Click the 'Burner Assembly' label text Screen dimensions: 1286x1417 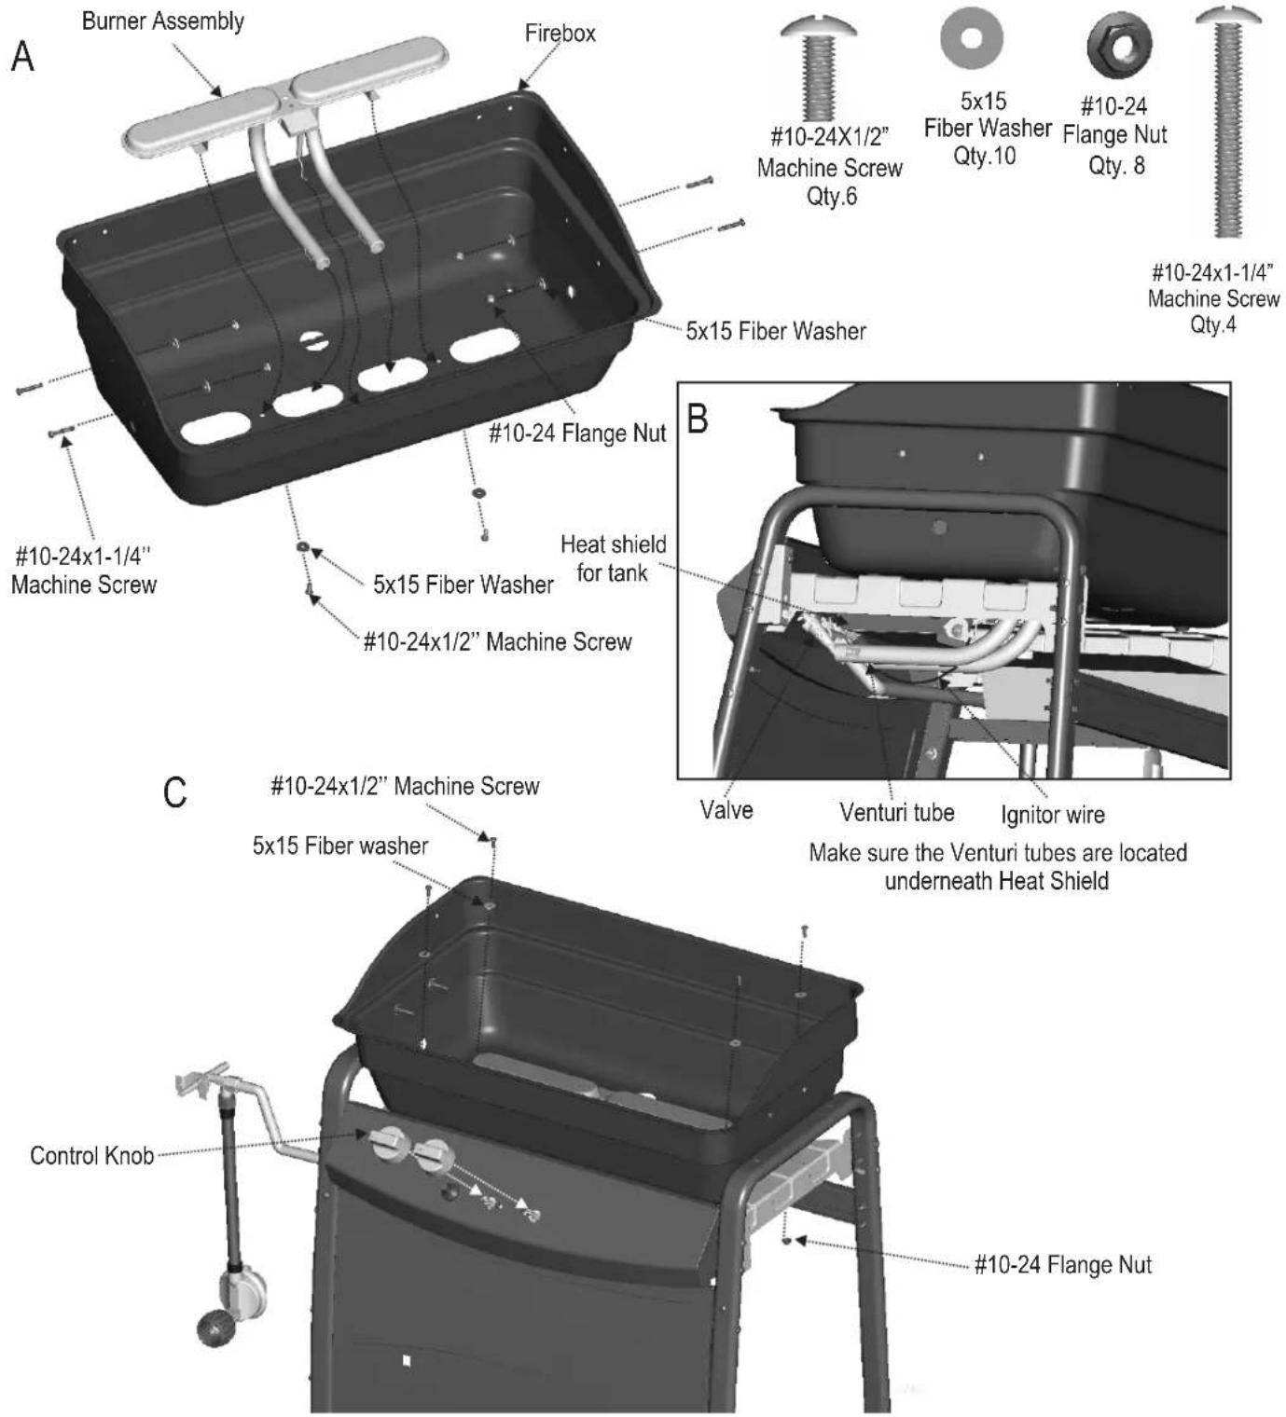pyautogui.click(x=163, y=21)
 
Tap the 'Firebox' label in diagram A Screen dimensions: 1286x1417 pyautogui.click(x=560, y=34)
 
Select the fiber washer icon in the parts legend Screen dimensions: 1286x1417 pyautogui.click(x=972, y=38)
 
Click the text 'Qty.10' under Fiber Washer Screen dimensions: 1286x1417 pyautogui.click(x=984, y=156)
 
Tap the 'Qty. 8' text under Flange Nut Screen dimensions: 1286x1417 pyautogui.click(x=1115, y=165)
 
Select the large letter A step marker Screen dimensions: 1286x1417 pyautogui.click(x=22, y=57)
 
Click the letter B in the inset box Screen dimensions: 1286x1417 pyautogui.click(x=698, y=419)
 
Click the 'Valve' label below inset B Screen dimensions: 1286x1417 pyautogui.click(x=726, y=809)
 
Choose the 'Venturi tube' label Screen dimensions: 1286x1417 pyautogui.click(x=897, y=812)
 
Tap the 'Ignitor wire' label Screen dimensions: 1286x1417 pyautogui.click(x=1053, y=815)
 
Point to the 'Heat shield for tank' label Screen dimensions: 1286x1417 pyautogui.click(x=614, y=558)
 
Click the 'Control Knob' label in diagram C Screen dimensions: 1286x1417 pyautogui.click(x=91, y=1156)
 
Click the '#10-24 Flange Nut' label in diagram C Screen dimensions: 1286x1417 pyautogui.click(x=1063, y=1264)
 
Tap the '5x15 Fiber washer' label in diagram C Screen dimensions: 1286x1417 pyautogui.click(x=340, y=846)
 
